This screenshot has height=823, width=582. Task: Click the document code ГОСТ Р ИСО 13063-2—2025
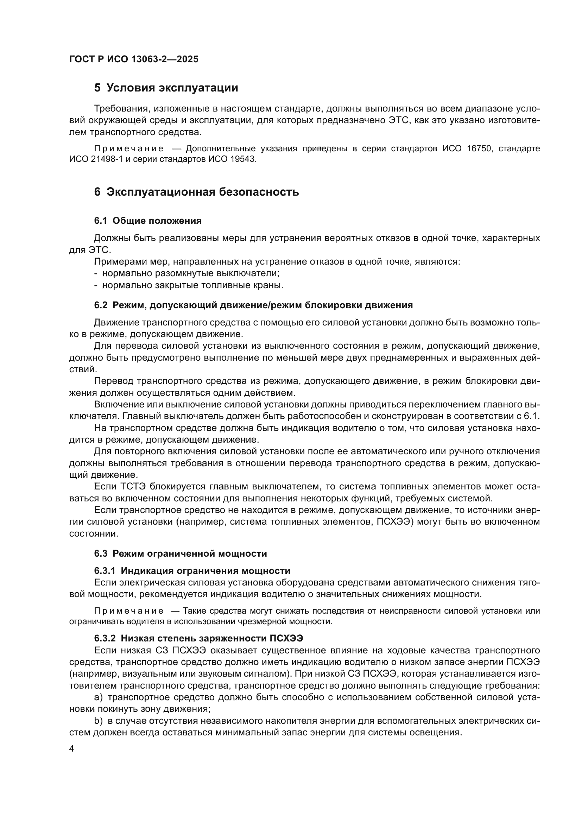point(134,59)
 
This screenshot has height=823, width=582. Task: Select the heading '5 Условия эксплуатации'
point(166,88)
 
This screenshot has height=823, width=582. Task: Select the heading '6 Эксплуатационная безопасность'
point(196,192)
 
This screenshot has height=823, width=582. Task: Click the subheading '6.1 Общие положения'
point(148,221)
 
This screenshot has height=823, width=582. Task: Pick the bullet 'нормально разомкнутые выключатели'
point(191,273)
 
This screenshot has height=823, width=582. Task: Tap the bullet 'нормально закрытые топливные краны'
point(192,285)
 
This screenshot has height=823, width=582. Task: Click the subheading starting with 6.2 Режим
point(253,305)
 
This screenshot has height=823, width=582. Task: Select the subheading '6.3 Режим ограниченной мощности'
point(181,554)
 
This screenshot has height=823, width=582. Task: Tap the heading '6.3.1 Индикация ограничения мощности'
point(192,571)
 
